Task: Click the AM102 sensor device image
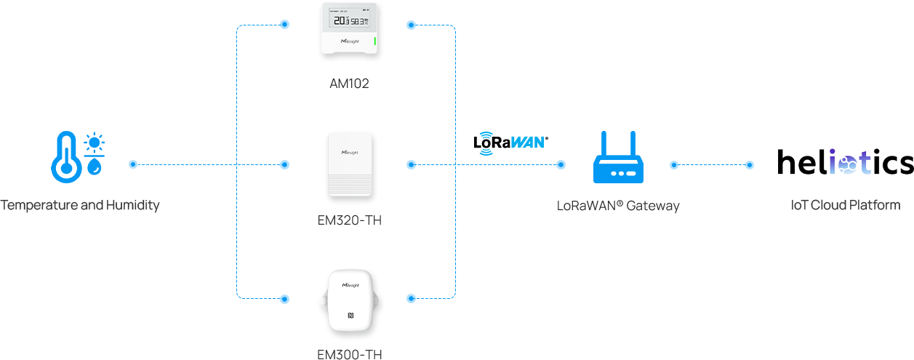pyautogui.click(x=351, y=32)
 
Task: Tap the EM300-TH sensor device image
pyautogui.click(x=351, y=305)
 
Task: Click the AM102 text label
pyautogui.click(x=350, y=84)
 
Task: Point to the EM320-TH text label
pyautogui.click(x=350, y=220)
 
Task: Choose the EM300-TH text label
pyautogui.click(x=350, y=355)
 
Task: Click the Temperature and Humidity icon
pyautogui.click(x=78, y=157)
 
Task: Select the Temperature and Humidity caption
pyautogui.click(x=80, y=206)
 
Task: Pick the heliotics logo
pyautogui.click(x=845, y=163)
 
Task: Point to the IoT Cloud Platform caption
pyautogui.click(x=846, y=206)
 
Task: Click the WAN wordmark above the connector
pyautogui.click(x=527, y=142)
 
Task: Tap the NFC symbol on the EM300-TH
pyautogui.click(x=350, y=316)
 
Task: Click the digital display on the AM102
pyautogui.click(x=350, y=21)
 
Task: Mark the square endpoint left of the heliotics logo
pyautogui.click(x=750, y=165)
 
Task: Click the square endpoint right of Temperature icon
pyautogui.click(x=133, y=164)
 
